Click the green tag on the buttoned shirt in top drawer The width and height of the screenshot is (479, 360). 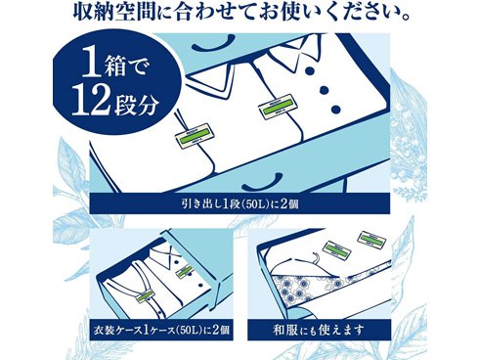(276, 106)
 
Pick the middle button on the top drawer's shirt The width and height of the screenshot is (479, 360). (324, 89)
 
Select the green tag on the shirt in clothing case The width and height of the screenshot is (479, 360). (185, 273)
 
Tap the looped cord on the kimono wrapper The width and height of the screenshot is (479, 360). (316, 256)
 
